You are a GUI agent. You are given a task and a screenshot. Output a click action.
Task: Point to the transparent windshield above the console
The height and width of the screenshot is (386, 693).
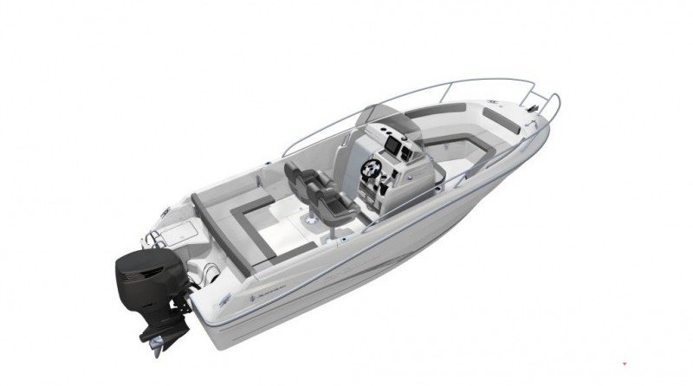coord(378,117)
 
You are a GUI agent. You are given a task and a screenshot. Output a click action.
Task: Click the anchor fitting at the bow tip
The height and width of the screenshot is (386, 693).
coord(538,108)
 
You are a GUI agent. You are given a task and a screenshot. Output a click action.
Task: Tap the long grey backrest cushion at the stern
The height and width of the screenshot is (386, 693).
coord(223,235)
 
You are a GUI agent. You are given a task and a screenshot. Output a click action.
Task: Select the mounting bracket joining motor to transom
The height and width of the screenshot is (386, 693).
coord(184,299)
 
